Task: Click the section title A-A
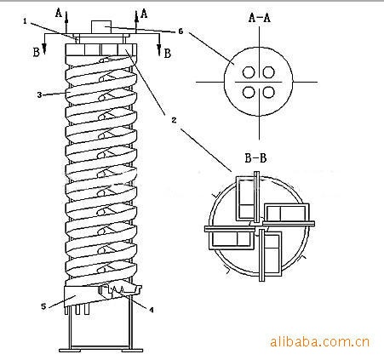(x=259, y=18)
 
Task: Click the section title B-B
(x=255, y=157)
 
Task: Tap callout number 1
(x=25, y=21)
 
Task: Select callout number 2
(x=174, y=120)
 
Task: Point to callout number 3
(x=39, y=94)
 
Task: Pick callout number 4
(x=152, y=310)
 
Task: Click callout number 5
(x=43, y=306)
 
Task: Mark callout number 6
(x=181, y=31)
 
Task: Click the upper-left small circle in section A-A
(x=249, y=72)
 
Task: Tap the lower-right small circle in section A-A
(x=268, y=92)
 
